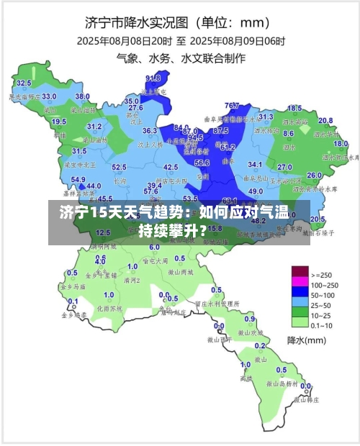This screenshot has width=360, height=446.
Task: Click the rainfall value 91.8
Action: pos(153,78)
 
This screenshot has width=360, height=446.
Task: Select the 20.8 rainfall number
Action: pos(325,120)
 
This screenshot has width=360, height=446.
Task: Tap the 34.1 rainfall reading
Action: pos(254,165)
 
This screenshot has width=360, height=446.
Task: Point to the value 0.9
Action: pos(250,319)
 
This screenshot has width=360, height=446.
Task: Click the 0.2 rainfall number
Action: pos(303,386)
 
